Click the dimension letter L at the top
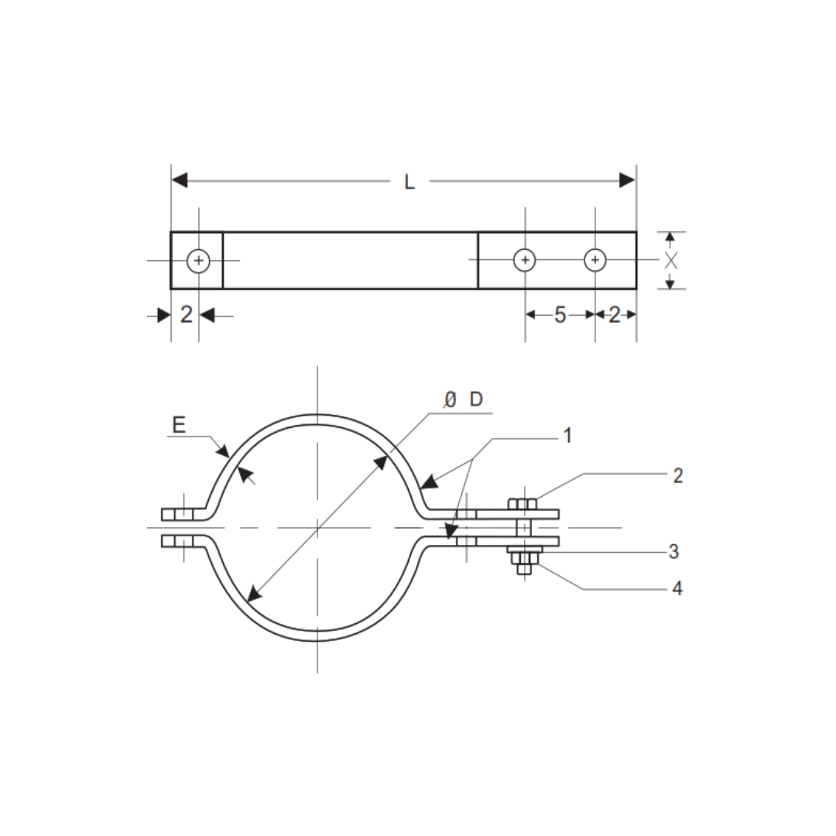[x=409, y=182]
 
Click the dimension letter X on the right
[x=671, y=261]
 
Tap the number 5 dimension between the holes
[x=560, y=314]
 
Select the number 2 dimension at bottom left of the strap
[x=186, y=314]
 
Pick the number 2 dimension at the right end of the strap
[x=615, y=314]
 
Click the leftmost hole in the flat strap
[x=199, y=260]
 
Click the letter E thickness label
[x=179, y=424]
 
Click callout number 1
[x=567, y=436]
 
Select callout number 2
[x=677, y=476]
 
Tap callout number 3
[x=673, y=551]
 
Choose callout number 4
[x=677, y=588]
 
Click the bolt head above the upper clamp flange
[x=522, y=504]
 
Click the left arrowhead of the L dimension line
[x=180, y=180]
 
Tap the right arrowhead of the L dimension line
[x=627, y=180]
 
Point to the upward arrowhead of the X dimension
[x=670, y=236]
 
